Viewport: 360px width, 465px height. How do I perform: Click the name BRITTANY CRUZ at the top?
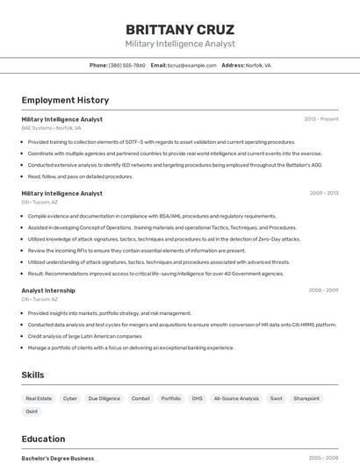click(180, 30)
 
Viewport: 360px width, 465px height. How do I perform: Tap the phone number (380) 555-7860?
click(126, 65)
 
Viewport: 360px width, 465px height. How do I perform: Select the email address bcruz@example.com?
click(192, 65)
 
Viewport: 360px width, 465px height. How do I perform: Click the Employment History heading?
click(65, 100)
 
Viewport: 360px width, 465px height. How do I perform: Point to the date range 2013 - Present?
click(320, 118)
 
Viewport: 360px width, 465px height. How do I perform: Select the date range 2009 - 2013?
click(323, 193)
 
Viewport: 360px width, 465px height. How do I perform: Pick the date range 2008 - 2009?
click(323, 290)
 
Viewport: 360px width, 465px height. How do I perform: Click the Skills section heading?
click(32, 375)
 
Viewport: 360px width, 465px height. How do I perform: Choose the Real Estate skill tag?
click(39, 398)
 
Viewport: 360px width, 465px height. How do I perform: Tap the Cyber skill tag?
click(70, 398)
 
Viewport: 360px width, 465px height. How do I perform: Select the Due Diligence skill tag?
click(104, 398)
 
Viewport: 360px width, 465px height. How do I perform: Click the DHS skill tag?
click(197, 398)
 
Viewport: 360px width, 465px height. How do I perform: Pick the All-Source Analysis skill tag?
click(236, 398)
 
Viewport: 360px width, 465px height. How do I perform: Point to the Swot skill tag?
click(276, 398)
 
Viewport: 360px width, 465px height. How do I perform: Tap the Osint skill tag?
click(32, 411)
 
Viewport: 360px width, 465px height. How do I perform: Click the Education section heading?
click(43, 439)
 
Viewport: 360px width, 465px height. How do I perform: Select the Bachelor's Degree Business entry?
click(57, 458)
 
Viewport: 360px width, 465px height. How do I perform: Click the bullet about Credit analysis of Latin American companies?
click(84, 336)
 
